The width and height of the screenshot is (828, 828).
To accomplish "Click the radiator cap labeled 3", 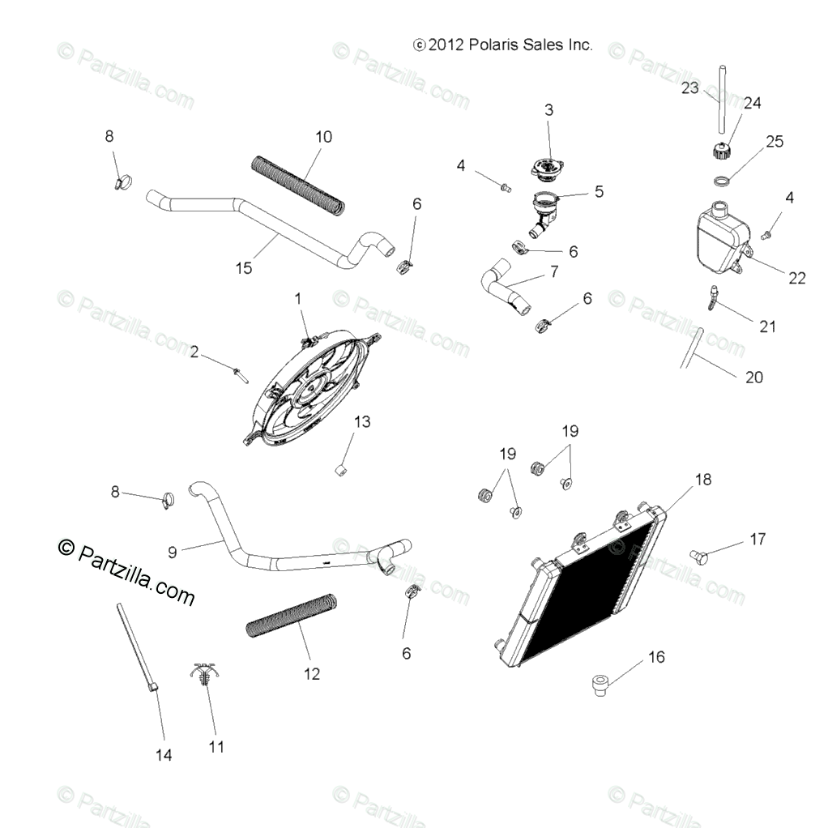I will click(547, 169).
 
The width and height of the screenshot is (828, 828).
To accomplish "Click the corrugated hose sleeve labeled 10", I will click(297, 185).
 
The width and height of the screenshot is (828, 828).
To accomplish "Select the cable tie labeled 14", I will click(136, 648).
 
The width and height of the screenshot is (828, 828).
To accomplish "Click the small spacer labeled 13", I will click(343, 468).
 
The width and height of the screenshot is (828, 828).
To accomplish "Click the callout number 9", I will click(172, 552).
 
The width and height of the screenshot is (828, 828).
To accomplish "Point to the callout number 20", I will click(753, 377).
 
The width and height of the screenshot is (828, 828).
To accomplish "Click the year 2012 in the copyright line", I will click(445, 45).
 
